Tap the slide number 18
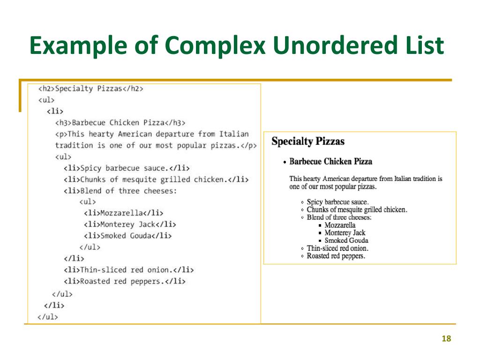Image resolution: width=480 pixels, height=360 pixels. pyautogui.click(x=446, y=339)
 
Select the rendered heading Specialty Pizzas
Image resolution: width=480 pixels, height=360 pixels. pyautogui.click(x=308, y=141)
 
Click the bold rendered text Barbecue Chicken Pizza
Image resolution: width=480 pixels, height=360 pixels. pyautogui.click(x=330, y=162)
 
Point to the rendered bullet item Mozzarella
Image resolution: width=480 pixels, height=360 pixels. pyautogui.click(x=340, y=225)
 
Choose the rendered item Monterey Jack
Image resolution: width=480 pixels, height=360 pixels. pyautogui.click(x=345, y=233)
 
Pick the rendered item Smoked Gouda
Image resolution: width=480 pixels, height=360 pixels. pyautogui.click(x=346, y=240)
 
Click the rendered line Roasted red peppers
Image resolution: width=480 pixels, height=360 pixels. pyautogui.click(x=336, y=256)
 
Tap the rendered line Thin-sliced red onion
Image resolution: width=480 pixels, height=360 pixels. pyautogui.click(x=337, y=248)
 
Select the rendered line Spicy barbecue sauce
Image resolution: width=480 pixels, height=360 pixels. pyautogui.click(x=337, y=202)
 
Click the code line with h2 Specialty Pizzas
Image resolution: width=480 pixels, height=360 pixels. pyautogui.click(x=90, y=89)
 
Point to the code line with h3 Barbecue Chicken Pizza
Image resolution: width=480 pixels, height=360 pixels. pyautogui.click(x=120, y=123)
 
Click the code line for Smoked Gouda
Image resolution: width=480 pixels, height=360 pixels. pyautogui.click(x=128, y=236)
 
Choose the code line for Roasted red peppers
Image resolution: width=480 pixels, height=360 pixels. pyautogui.click(x=125, y=281)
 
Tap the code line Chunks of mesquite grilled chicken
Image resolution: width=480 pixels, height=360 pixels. pyautogui.click(x=156, y=180)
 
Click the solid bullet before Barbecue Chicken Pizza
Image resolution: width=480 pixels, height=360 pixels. pyautogui.click(x=285, y=162)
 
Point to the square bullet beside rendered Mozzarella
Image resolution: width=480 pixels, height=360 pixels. pyautogui.click(x=320, y=225)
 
